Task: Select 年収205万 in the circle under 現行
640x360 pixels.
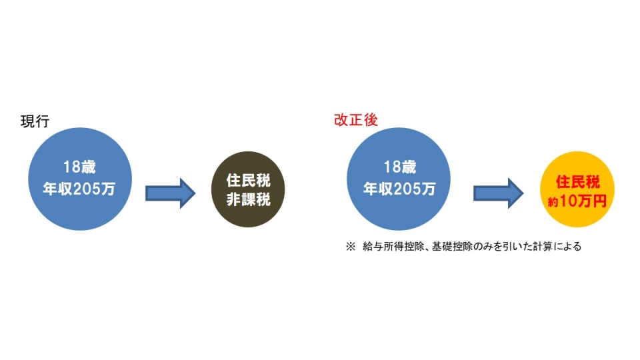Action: [80, 189]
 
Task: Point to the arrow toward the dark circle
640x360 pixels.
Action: [170, 193]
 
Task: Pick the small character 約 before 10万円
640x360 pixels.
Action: [553, 201]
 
